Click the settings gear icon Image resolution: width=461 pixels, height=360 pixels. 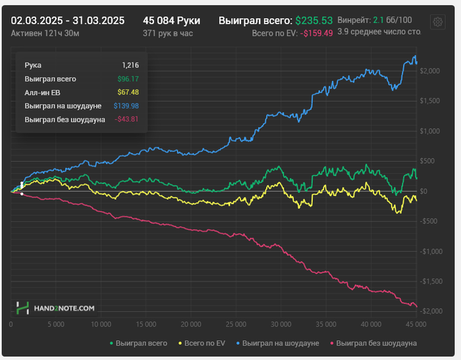(436, 22)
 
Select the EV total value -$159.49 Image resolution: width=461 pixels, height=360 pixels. (316, 33)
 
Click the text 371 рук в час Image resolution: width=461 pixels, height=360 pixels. (167, 33)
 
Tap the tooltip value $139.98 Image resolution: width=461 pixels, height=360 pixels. (124, 105)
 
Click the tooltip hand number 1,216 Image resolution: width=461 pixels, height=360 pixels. (130, 65)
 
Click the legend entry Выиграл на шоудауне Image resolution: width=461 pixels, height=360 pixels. (281, 344)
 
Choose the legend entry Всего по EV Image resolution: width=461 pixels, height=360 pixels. (203, 344)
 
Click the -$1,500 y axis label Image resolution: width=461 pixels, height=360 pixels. (432, 281)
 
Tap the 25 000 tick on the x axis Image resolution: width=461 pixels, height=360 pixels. (236, 324)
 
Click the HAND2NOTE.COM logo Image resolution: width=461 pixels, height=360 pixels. (56, 307)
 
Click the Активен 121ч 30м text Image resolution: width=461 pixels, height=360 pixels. (44, 33)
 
